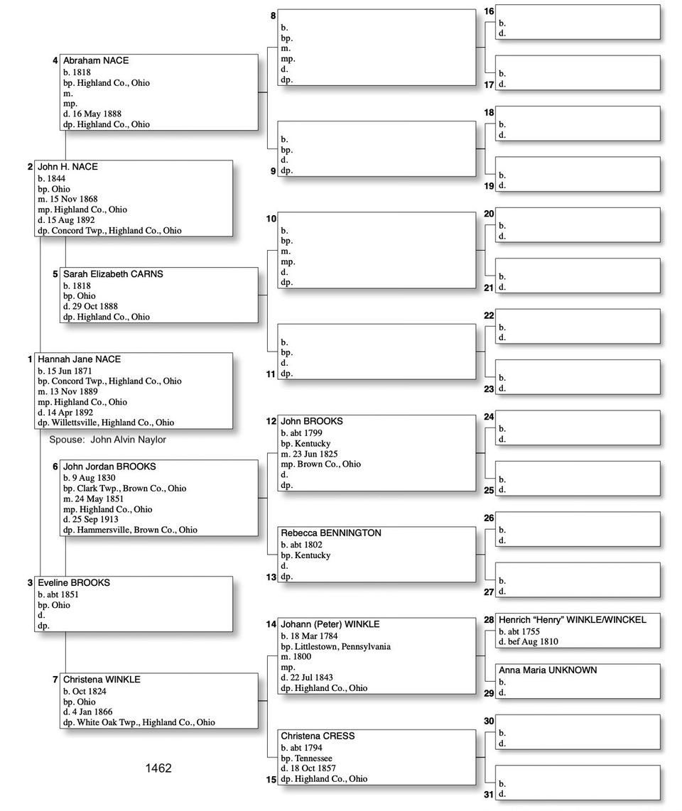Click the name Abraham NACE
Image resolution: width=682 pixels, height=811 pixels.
tap(96, 61)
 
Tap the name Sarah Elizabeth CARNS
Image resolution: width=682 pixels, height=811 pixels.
tap(113, 274)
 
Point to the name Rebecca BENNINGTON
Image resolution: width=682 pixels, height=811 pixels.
tap(331, 533)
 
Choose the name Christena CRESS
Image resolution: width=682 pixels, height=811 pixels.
tap(318, 736)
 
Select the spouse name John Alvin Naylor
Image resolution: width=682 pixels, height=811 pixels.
tap(128, 440)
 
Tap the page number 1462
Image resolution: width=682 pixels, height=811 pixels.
tap(158, 768)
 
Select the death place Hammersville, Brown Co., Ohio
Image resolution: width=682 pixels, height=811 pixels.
tap(137, 530)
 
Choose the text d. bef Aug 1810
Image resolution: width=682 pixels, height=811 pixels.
tap(528, 642)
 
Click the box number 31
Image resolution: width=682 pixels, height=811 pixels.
tap(489, 795)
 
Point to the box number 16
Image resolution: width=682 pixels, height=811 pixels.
tap(489, 11)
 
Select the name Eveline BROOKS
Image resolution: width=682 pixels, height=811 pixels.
tap(74, 583)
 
